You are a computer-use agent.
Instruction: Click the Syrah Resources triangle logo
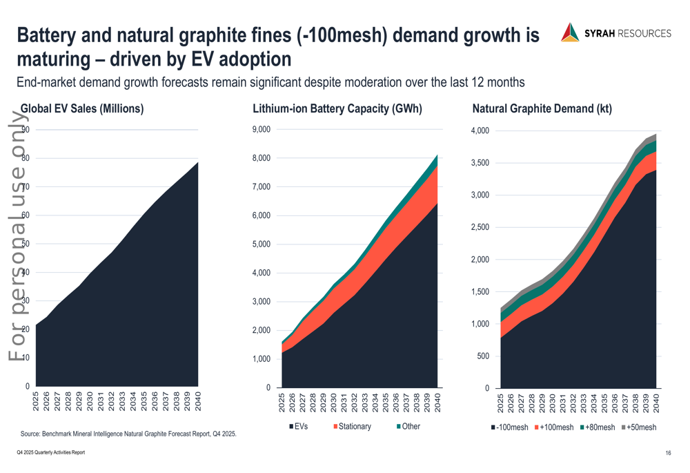click(x=570, y=32)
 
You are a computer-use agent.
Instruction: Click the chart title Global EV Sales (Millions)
click(x=82, y=108)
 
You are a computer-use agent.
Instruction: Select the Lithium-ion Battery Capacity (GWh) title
click(x=337, y=108)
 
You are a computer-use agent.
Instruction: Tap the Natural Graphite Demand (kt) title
click(x=542, y=108)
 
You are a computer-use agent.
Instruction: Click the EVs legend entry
click(x=299, y=427)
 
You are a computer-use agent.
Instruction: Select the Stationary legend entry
click(x=353, y=427)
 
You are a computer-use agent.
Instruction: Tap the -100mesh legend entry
click(x=510, y=427)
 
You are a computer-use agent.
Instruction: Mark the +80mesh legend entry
click(x=597, y=427)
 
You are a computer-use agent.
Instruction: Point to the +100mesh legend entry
click(x=554, y=427)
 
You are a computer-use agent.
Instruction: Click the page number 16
click(x=669, y=453)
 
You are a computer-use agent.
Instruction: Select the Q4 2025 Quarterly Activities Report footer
click(x=51, y=452)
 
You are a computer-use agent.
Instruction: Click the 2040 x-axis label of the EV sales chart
click(x=198, y=403)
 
